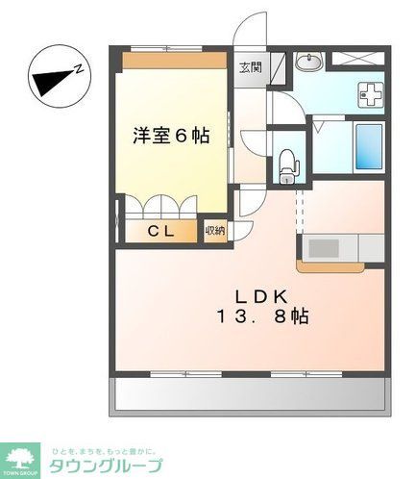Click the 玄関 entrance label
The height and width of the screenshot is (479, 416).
click(250, 67)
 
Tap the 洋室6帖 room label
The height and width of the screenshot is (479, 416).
click(171, 136)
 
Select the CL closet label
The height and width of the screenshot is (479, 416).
click(159, 231)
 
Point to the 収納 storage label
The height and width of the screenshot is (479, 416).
click(215, 231)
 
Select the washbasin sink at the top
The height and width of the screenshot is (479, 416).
click(307, 63)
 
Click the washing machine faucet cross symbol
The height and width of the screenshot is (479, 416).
click(371, 93)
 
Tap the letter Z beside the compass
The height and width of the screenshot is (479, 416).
click(82, 67)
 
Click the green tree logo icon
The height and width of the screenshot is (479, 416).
click(20, 453)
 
